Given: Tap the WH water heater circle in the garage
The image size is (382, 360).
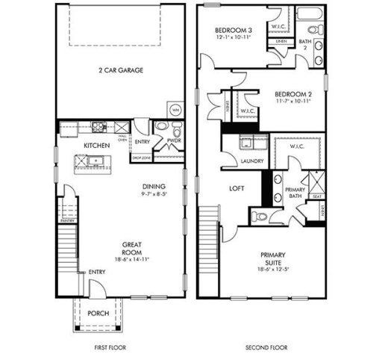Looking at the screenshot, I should point(176,109).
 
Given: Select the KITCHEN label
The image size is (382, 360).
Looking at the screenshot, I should point(96,145).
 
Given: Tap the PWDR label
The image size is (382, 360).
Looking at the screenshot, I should point(175,140).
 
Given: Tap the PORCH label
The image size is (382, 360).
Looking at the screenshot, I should point(98,314).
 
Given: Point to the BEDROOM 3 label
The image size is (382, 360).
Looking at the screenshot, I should point(234,30).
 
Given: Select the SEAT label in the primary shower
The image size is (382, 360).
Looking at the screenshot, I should point(316,197).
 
